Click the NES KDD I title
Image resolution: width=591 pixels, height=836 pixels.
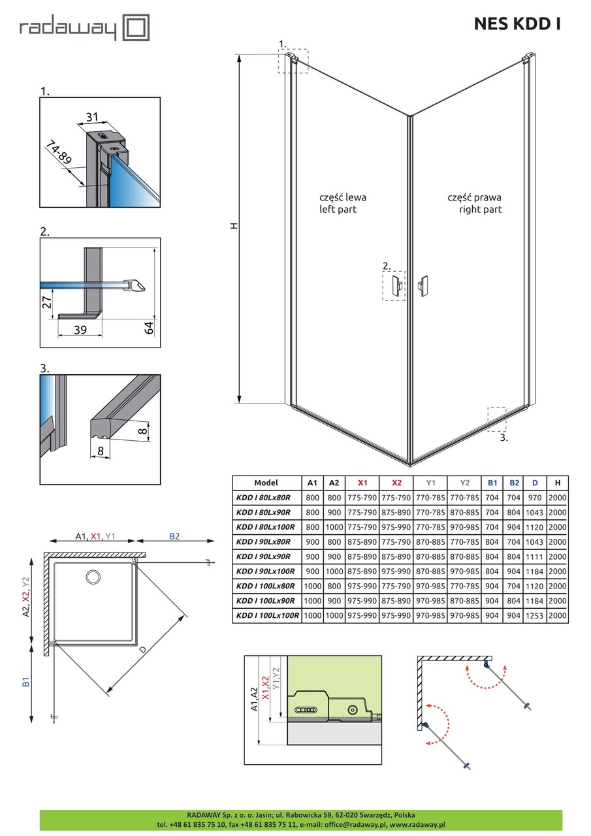click(x=517, y=24)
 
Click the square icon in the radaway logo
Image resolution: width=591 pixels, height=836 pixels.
click(x=136, y=27)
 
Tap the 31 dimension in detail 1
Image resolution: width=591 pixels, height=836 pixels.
click(x=92, y=117)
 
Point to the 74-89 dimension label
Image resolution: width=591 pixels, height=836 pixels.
click(x=59, y=152)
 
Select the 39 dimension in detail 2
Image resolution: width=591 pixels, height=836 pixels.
click(x=80, y=330)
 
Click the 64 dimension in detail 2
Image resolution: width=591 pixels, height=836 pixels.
click(x=148, y=328)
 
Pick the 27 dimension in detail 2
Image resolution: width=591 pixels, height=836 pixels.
click(x=47, y=302)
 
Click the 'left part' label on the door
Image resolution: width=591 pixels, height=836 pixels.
click(x=338, y=210)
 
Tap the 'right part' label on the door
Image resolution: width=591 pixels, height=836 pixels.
click(x=480, y=210)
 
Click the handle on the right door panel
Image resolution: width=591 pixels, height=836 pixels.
click(x=423, y=286)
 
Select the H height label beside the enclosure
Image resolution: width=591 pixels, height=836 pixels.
click(x=234, y=226)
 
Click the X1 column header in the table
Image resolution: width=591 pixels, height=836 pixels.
click(x=362, y=483)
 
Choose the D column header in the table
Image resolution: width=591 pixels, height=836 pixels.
click(x=535, y=483)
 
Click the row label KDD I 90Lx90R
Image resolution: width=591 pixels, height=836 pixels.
click(x=263, y=556)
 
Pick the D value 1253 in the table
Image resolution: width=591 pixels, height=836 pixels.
click(x=534, y=615)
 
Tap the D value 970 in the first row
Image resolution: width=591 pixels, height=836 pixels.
click(x=534, y=498)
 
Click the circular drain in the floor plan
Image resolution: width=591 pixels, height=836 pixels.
click(x=93, y=577)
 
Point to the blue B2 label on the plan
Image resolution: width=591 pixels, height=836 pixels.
click(x=174, y=536)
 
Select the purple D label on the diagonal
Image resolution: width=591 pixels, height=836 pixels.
click(x=142, y=650)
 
